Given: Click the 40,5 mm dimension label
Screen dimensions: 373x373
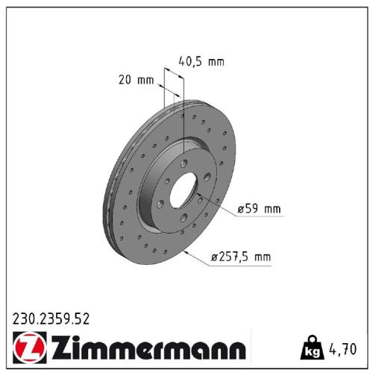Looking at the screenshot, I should pyautogui.click(x=201, y=61).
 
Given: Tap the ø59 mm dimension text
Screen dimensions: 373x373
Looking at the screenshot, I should pyautogui.click(x=260, y=210).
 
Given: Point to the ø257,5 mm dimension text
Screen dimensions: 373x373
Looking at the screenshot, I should pyautogui.click(x=241, y=257).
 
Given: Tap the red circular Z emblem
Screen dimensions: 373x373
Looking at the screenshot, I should pyautogui.click(x=28, y=348).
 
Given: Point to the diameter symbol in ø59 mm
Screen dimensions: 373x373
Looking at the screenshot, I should pyautogui.click(x=241, y=210).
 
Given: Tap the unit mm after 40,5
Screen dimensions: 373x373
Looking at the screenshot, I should pyautogui.click(x=216, y=61).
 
